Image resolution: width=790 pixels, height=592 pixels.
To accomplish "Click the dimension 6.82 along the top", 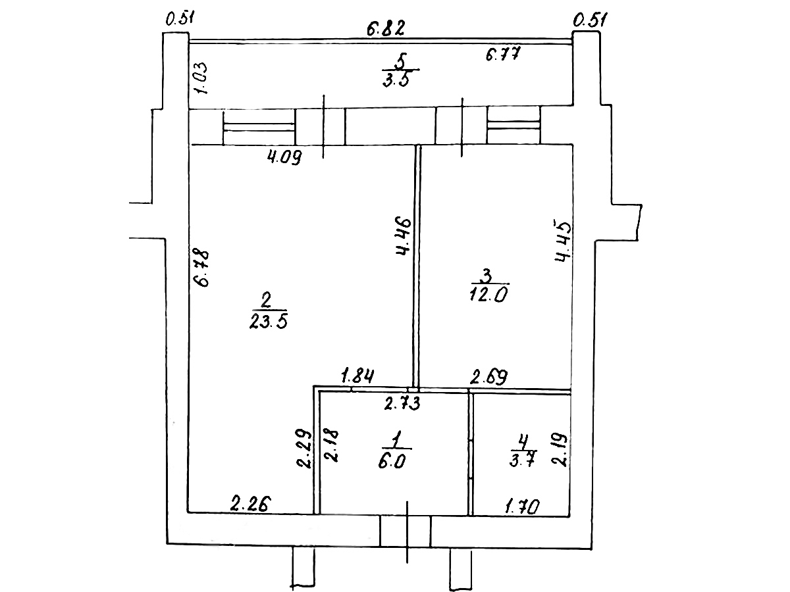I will tap(385, 28).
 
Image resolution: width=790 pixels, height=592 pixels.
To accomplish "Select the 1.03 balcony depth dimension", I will tap(202, 78).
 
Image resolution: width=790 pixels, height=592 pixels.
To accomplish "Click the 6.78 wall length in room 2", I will tap(201, 267).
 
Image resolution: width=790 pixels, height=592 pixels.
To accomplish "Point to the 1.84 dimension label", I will tap(357, 378).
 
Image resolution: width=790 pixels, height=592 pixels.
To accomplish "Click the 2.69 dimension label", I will tap(488, 378).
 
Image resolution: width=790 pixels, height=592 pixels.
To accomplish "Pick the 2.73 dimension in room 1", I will tap(402, 404).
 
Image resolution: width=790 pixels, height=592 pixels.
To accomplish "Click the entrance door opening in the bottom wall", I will tap(406, 531).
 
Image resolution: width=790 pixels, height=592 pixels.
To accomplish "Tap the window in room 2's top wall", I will tap(259, 127).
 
